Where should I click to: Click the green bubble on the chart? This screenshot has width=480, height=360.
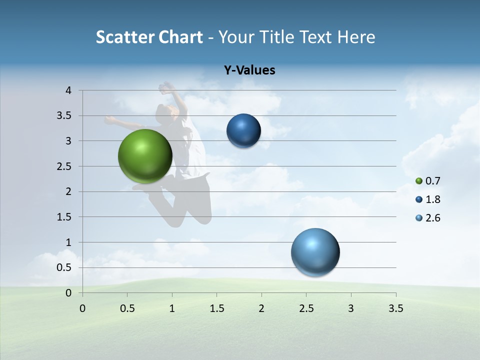[145, 156]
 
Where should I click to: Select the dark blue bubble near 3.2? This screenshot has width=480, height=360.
[243, 131]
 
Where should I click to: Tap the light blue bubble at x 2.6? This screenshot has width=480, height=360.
[315, 252]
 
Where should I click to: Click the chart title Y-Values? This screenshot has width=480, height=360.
[249, 70]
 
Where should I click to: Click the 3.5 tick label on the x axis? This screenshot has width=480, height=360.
[395, 308]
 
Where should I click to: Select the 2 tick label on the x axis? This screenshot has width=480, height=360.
[261, 308]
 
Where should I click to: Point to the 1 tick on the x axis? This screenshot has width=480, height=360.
[172, 308]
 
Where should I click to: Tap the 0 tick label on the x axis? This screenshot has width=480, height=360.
[82, 308]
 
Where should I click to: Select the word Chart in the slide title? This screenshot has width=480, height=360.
[180, 37]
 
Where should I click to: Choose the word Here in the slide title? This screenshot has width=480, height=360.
[356, 37]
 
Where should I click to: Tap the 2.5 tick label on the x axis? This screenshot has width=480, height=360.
[306, 308]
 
